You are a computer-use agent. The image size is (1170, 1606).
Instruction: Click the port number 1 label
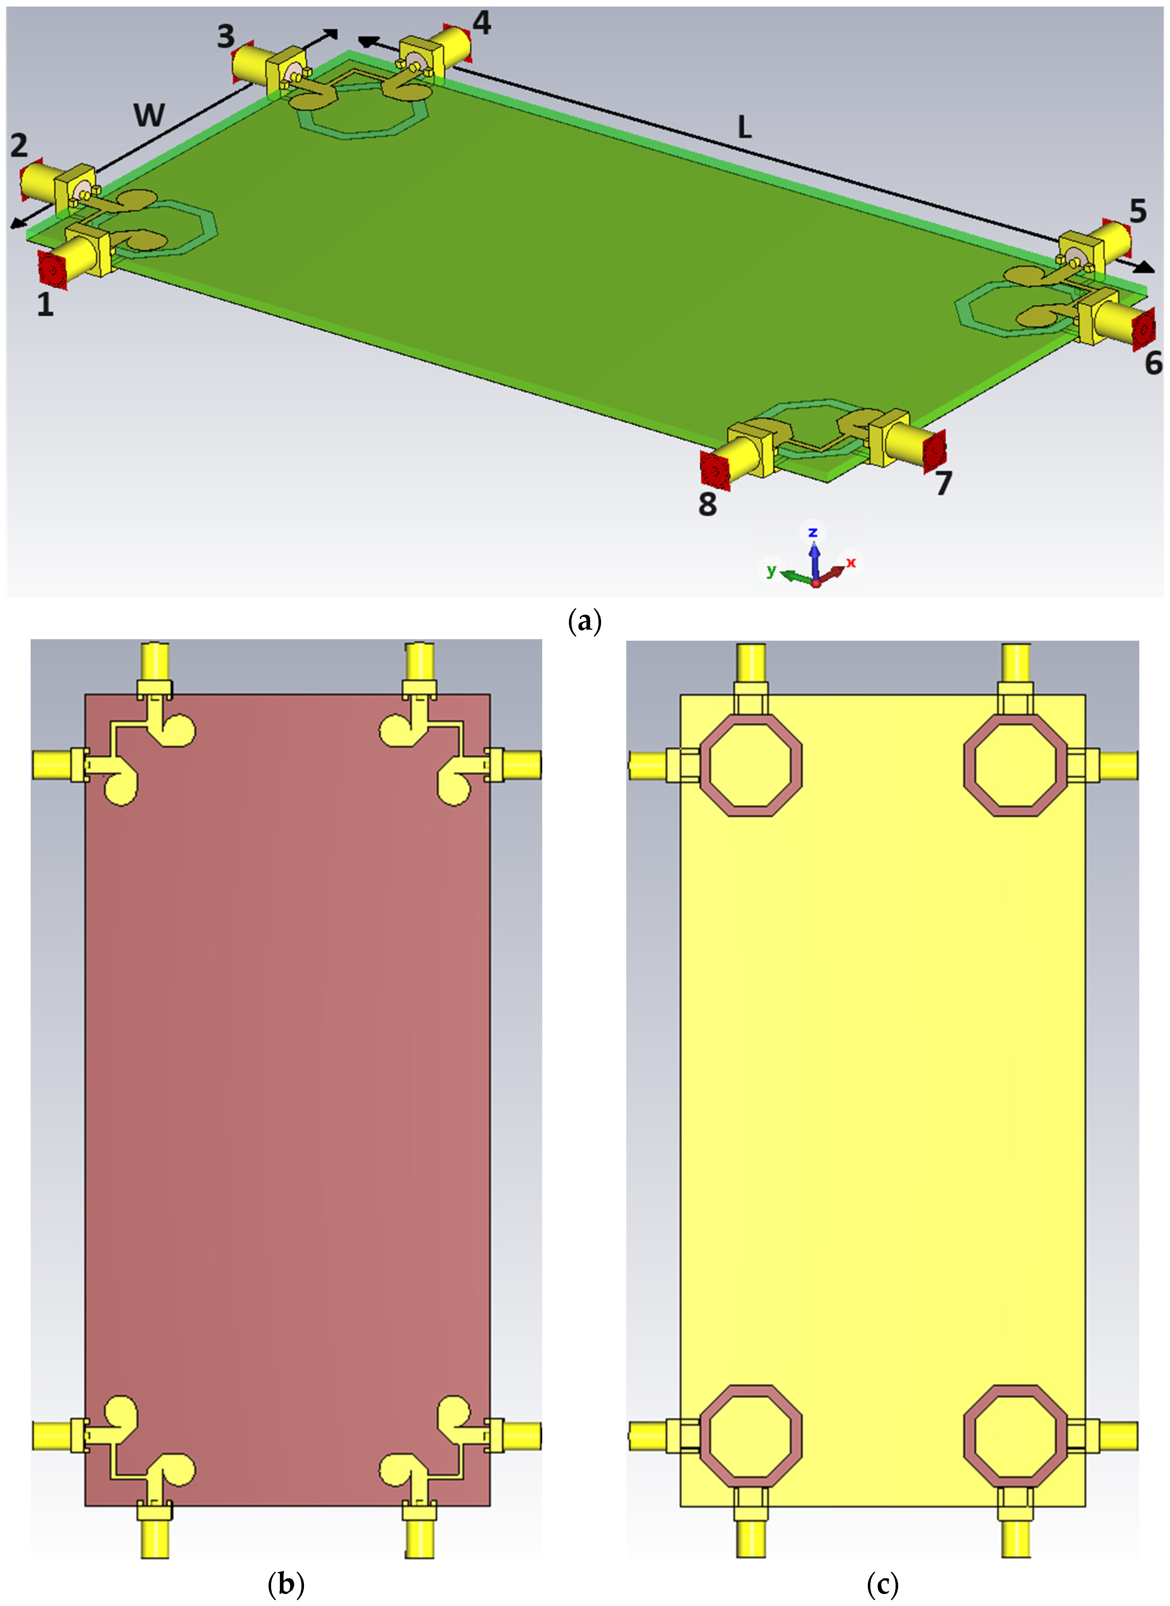click(x=45, y=305)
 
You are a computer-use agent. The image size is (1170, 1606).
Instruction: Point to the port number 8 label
click(x=707, y=504)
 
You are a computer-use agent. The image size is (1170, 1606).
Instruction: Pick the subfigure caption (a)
click(x=585, y=622)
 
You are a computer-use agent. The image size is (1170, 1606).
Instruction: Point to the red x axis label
click(x=851, y=562)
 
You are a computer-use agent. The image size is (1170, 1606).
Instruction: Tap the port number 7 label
click(x=943, y=484)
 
